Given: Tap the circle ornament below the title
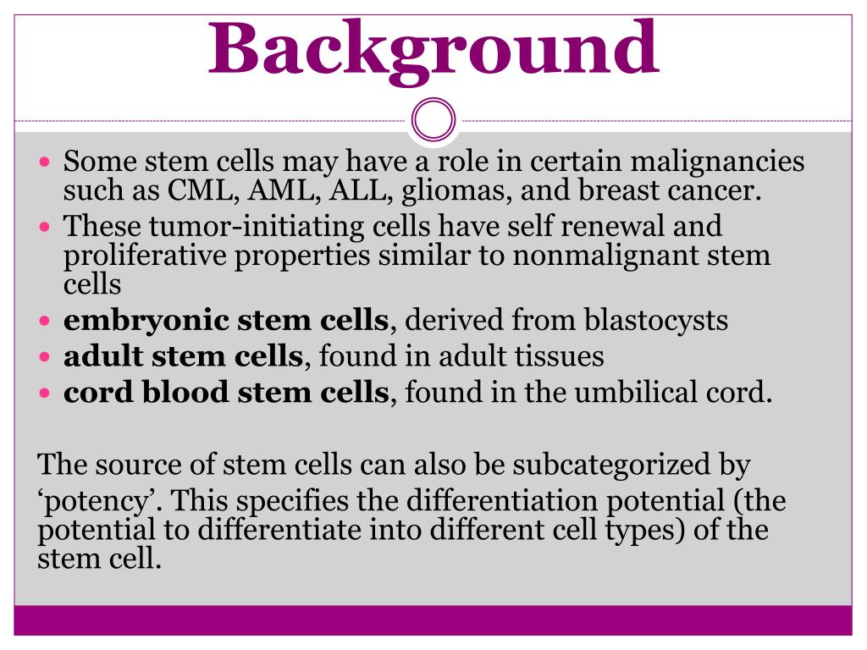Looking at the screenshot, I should [433, 121].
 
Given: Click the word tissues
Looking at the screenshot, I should [562, 356].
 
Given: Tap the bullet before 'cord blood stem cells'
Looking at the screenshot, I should [47, 394].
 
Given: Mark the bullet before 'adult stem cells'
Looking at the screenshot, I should [47, 357].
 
